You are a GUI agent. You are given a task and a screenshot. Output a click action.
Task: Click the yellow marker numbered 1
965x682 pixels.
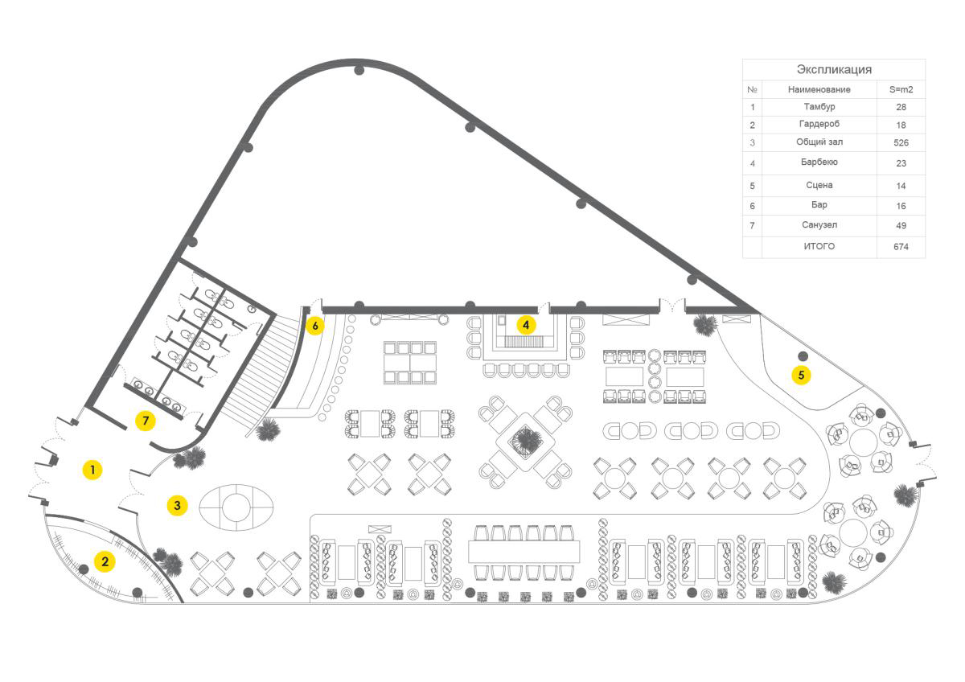click(92, 470)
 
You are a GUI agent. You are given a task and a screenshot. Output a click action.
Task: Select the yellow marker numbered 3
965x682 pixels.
click(177, 505)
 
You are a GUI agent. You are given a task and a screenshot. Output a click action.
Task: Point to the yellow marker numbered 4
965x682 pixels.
click(525, 325)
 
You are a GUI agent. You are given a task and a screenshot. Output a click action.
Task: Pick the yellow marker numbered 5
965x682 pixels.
click(800, 375)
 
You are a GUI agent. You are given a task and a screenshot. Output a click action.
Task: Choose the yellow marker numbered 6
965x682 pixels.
click(315, 326)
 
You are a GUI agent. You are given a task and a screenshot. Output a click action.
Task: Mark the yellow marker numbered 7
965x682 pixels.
click(145, 421)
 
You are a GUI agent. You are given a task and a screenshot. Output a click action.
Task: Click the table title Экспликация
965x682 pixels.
click(833, 70)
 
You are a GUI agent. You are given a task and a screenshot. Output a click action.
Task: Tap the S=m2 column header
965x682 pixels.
click(901, 89)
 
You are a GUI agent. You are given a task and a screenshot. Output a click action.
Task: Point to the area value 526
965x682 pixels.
click(901, 142)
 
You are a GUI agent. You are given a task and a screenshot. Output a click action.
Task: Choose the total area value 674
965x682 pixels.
click(901, 247)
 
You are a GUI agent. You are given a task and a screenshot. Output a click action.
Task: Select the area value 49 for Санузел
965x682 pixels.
click(901, 226)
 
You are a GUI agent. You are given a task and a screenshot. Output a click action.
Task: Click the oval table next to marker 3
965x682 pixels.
click(236, 507)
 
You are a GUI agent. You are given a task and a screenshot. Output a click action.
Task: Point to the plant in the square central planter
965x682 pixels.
click(528, 439)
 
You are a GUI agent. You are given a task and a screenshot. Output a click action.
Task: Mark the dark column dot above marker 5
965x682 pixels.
click(802, 355)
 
